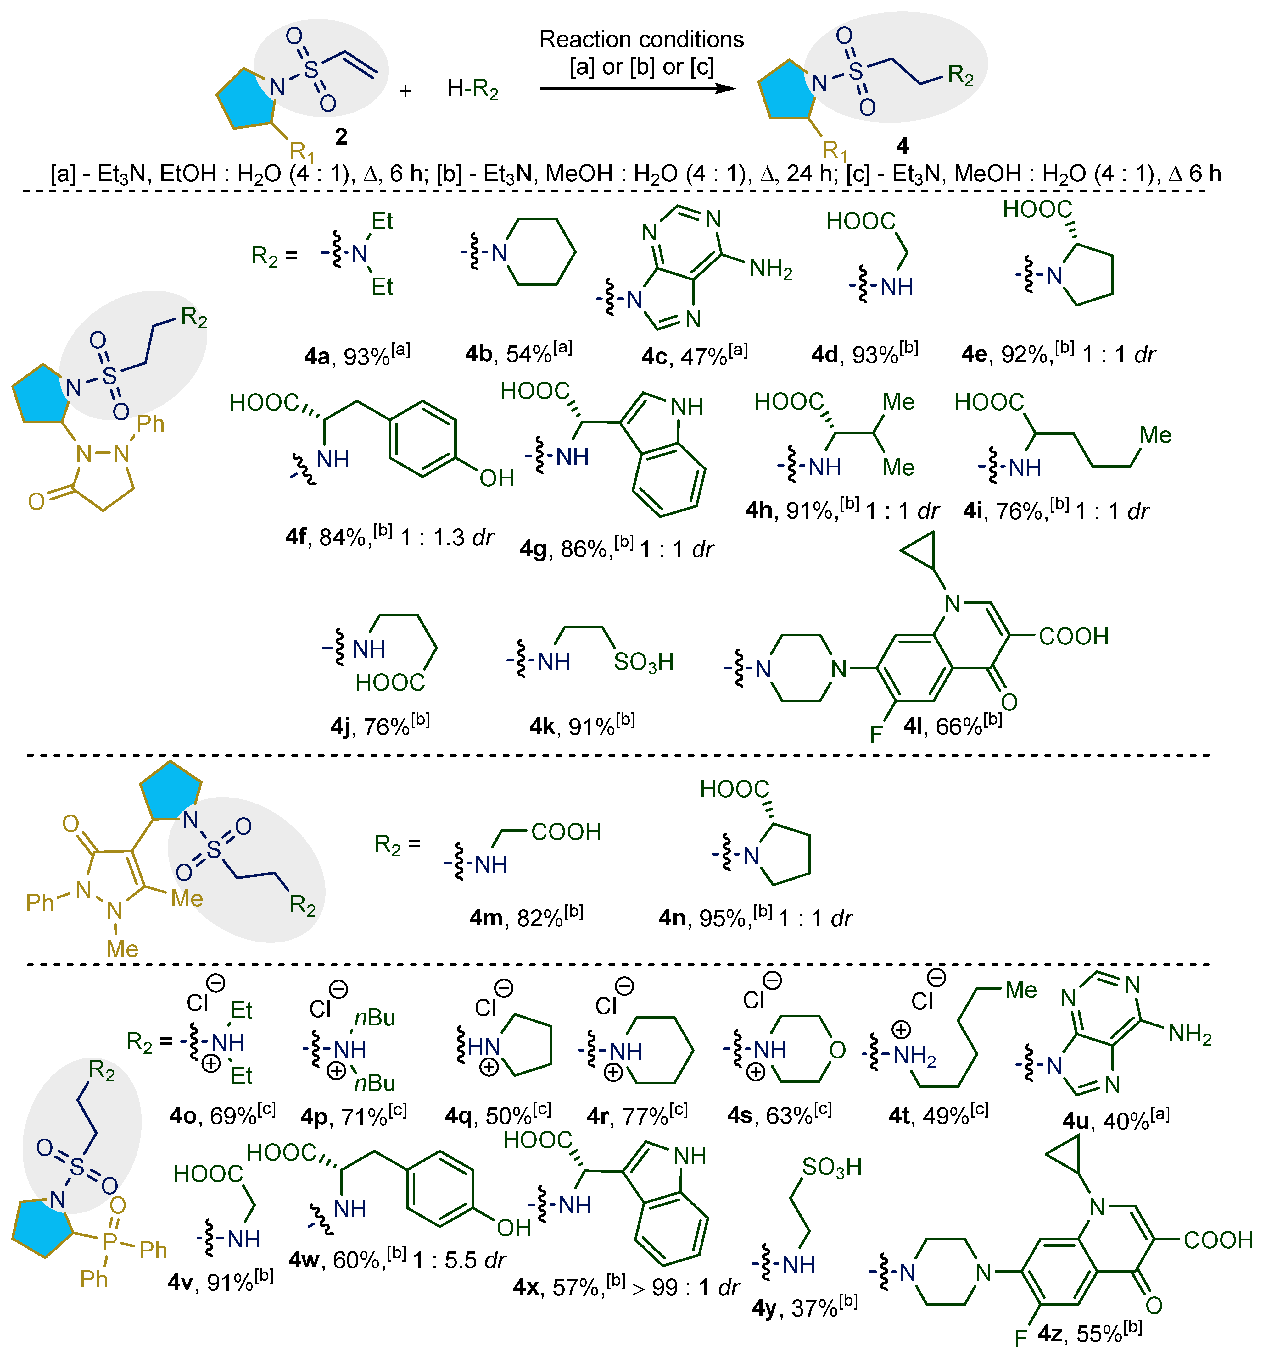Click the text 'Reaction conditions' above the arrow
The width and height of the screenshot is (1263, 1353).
[641, 40]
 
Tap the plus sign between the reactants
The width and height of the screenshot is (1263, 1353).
[406, 91]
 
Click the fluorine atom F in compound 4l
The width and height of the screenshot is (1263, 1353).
[876, 734]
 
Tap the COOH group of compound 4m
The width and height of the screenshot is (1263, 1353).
[566, 832]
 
